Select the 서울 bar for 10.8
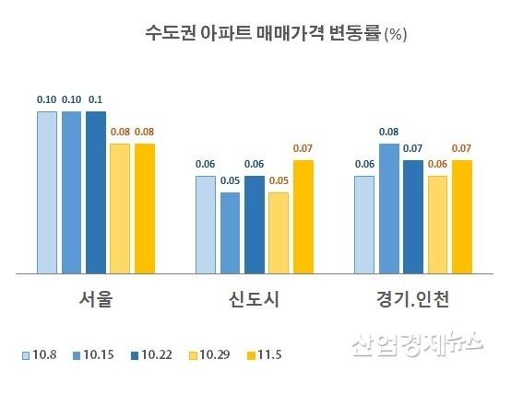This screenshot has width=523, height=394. tap(47, 192)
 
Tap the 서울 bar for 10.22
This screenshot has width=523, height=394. tap(96, 192)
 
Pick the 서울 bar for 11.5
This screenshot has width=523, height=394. tap(145, 209)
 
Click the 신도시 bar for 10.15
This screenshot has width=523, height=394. tap(230, 233)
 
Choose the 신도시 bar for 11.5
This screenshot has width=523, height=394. tap(303, 217)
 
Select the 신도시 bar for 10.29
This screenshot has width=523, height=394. tap(279, 233)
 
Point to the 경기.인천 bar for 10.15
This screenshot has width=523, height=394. tap(389, 209)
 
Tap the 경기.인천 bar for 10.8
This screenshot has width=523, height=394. tap(364, 225)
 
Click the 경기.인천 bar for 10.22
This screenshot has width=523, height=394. tap(413, 217)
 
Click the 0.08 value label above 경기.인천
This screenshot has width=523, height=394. tap(389, 133)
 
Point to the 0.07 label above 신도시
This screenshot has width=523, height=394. tap(303, 148)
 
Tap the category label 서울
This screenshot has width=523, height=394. tap(96, 300)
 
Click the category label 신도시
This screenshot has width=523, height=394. tap(254, 300)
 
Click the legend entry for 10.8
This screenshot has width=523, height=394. tap(40, 354)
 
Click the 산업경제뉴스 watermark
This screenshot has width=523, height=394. tap(416, 346)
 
